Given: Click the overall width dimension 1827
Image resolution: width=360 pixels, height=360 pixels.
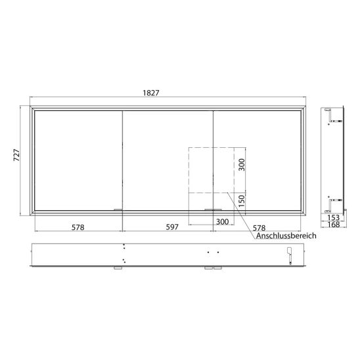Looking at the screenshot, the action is click(151, 93).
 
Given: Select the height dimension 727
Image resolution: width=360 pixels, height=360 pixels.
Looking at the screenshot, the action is click(16, 155).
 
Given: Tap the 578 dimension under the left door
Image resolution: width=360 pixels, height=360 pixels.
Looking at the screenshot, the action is click(78, 227).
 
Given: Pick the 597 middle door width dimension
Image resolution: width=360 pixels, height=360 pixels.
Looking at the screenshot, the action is click(172, 227).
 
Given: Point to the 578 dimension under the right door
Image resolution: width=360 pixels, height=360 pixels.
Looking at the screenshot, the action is click(259, 228).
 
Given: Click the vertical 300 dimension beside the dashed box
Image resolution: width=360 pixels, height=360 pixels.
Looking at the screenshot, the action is click(242, 165).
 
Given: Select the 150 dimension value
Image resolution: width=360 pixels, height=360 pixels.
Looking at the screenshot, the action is click(242, 201).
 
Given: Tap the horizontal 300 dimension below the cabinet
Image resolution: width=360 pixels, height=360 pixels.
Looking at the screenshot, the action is click(223, 222).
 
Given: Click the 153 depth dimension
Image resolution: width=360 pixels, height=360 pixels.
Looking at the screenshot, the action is click(333, 217).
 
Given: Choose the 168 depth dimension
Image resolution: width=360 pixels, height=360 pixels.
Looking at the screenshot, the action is click(333, 224).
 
